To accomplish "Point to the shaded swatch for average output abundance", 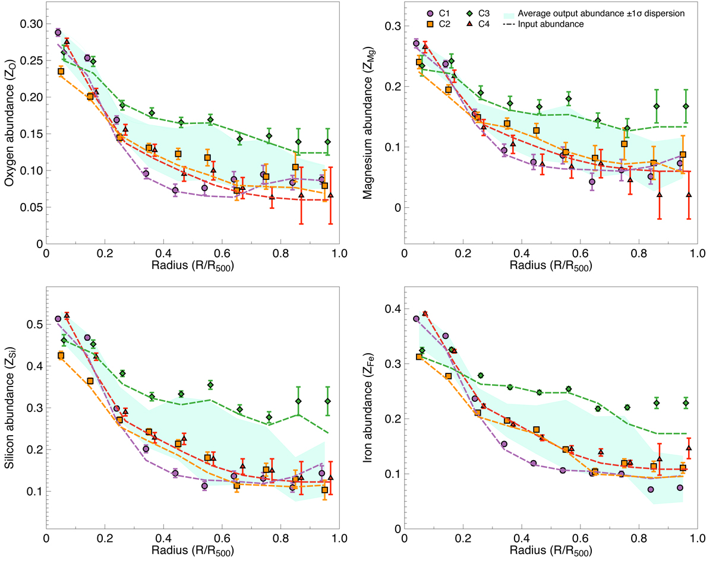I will (507, 13).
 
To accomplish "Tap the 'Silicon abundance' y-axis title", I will (10, 409).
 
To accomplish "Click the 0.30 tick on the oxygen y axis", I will (30, 24).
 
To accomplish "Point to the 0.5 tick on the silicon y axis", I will (34, 325).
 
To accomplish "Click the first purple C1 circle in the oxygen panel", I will (58, 33).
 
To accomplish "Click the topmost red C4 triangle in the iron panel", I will (425, 313).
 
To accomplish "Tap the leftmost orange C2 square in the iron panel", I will (419, 357).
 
